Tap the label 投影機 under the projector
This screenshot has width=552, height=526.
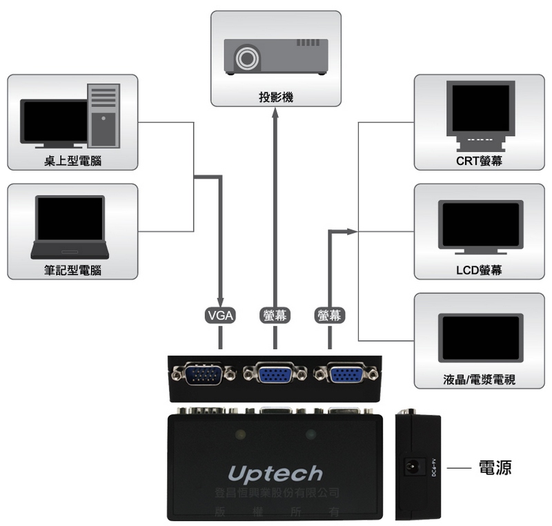point(276,97)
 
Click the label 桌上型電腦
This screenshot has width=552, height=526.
point(72,161)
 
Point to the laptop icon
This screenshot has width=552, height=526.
point(70,227)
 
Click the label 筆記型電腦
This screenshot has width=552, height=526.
point(72,270)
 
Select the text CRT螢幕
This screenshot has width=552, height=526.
point(479,161)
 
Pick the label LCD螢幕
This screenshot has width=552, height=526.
point(479,270)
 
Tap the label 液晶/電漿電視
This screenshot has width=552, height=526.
point(479,380)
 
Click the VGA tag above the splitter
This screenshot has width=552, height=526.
point(221,315)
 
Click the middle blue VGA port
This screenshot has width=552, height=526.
point(275,375)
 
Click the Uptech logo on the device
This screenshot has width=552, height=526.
point(275,474)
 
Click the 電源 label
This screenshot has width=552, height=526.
point(495,468)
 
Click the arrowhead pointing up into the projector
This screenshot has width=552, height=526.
point(275,113)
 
